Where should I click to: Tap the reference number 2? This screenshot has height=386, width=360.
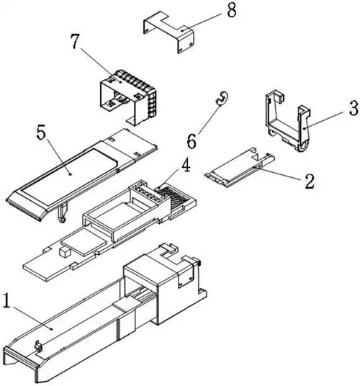click(x=309, y=181)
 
